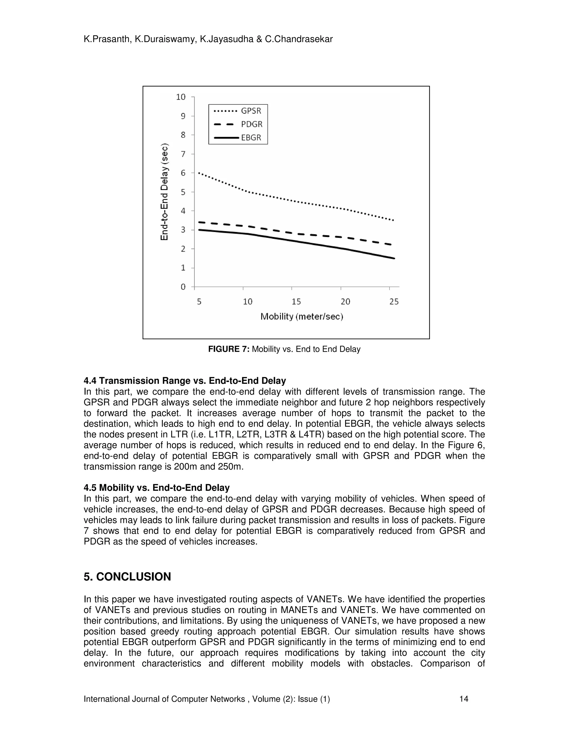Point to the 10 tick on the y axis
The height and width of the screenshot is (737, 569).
pos(181,97)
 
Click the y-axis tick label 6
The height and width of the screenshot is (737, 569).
pos(183,173)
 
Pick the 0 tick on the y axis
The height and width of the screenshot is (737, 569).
pos(183,287)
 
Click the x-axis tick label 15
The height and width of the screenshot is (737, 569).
pos(296,302)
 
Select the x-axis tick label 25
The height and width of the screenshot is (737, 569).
pos(394,302)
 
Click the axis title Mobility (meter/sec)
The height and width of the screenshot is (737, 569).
pos(302,316)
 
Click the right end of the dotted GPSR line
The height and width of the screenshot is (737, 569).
pos(393,220)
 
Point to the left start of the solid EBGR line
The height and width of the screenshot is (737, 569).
pos(199,230)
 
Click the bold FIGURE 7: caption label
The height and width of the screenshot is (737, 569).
pos(229,349)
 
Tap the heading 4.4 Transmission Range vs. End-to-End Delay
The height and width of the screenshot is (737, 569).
pos(185,381)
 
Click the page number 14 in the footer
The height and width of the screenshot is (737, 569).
pos(464,699)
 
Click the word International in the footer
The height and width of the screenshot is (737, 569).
pos(106,699)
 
